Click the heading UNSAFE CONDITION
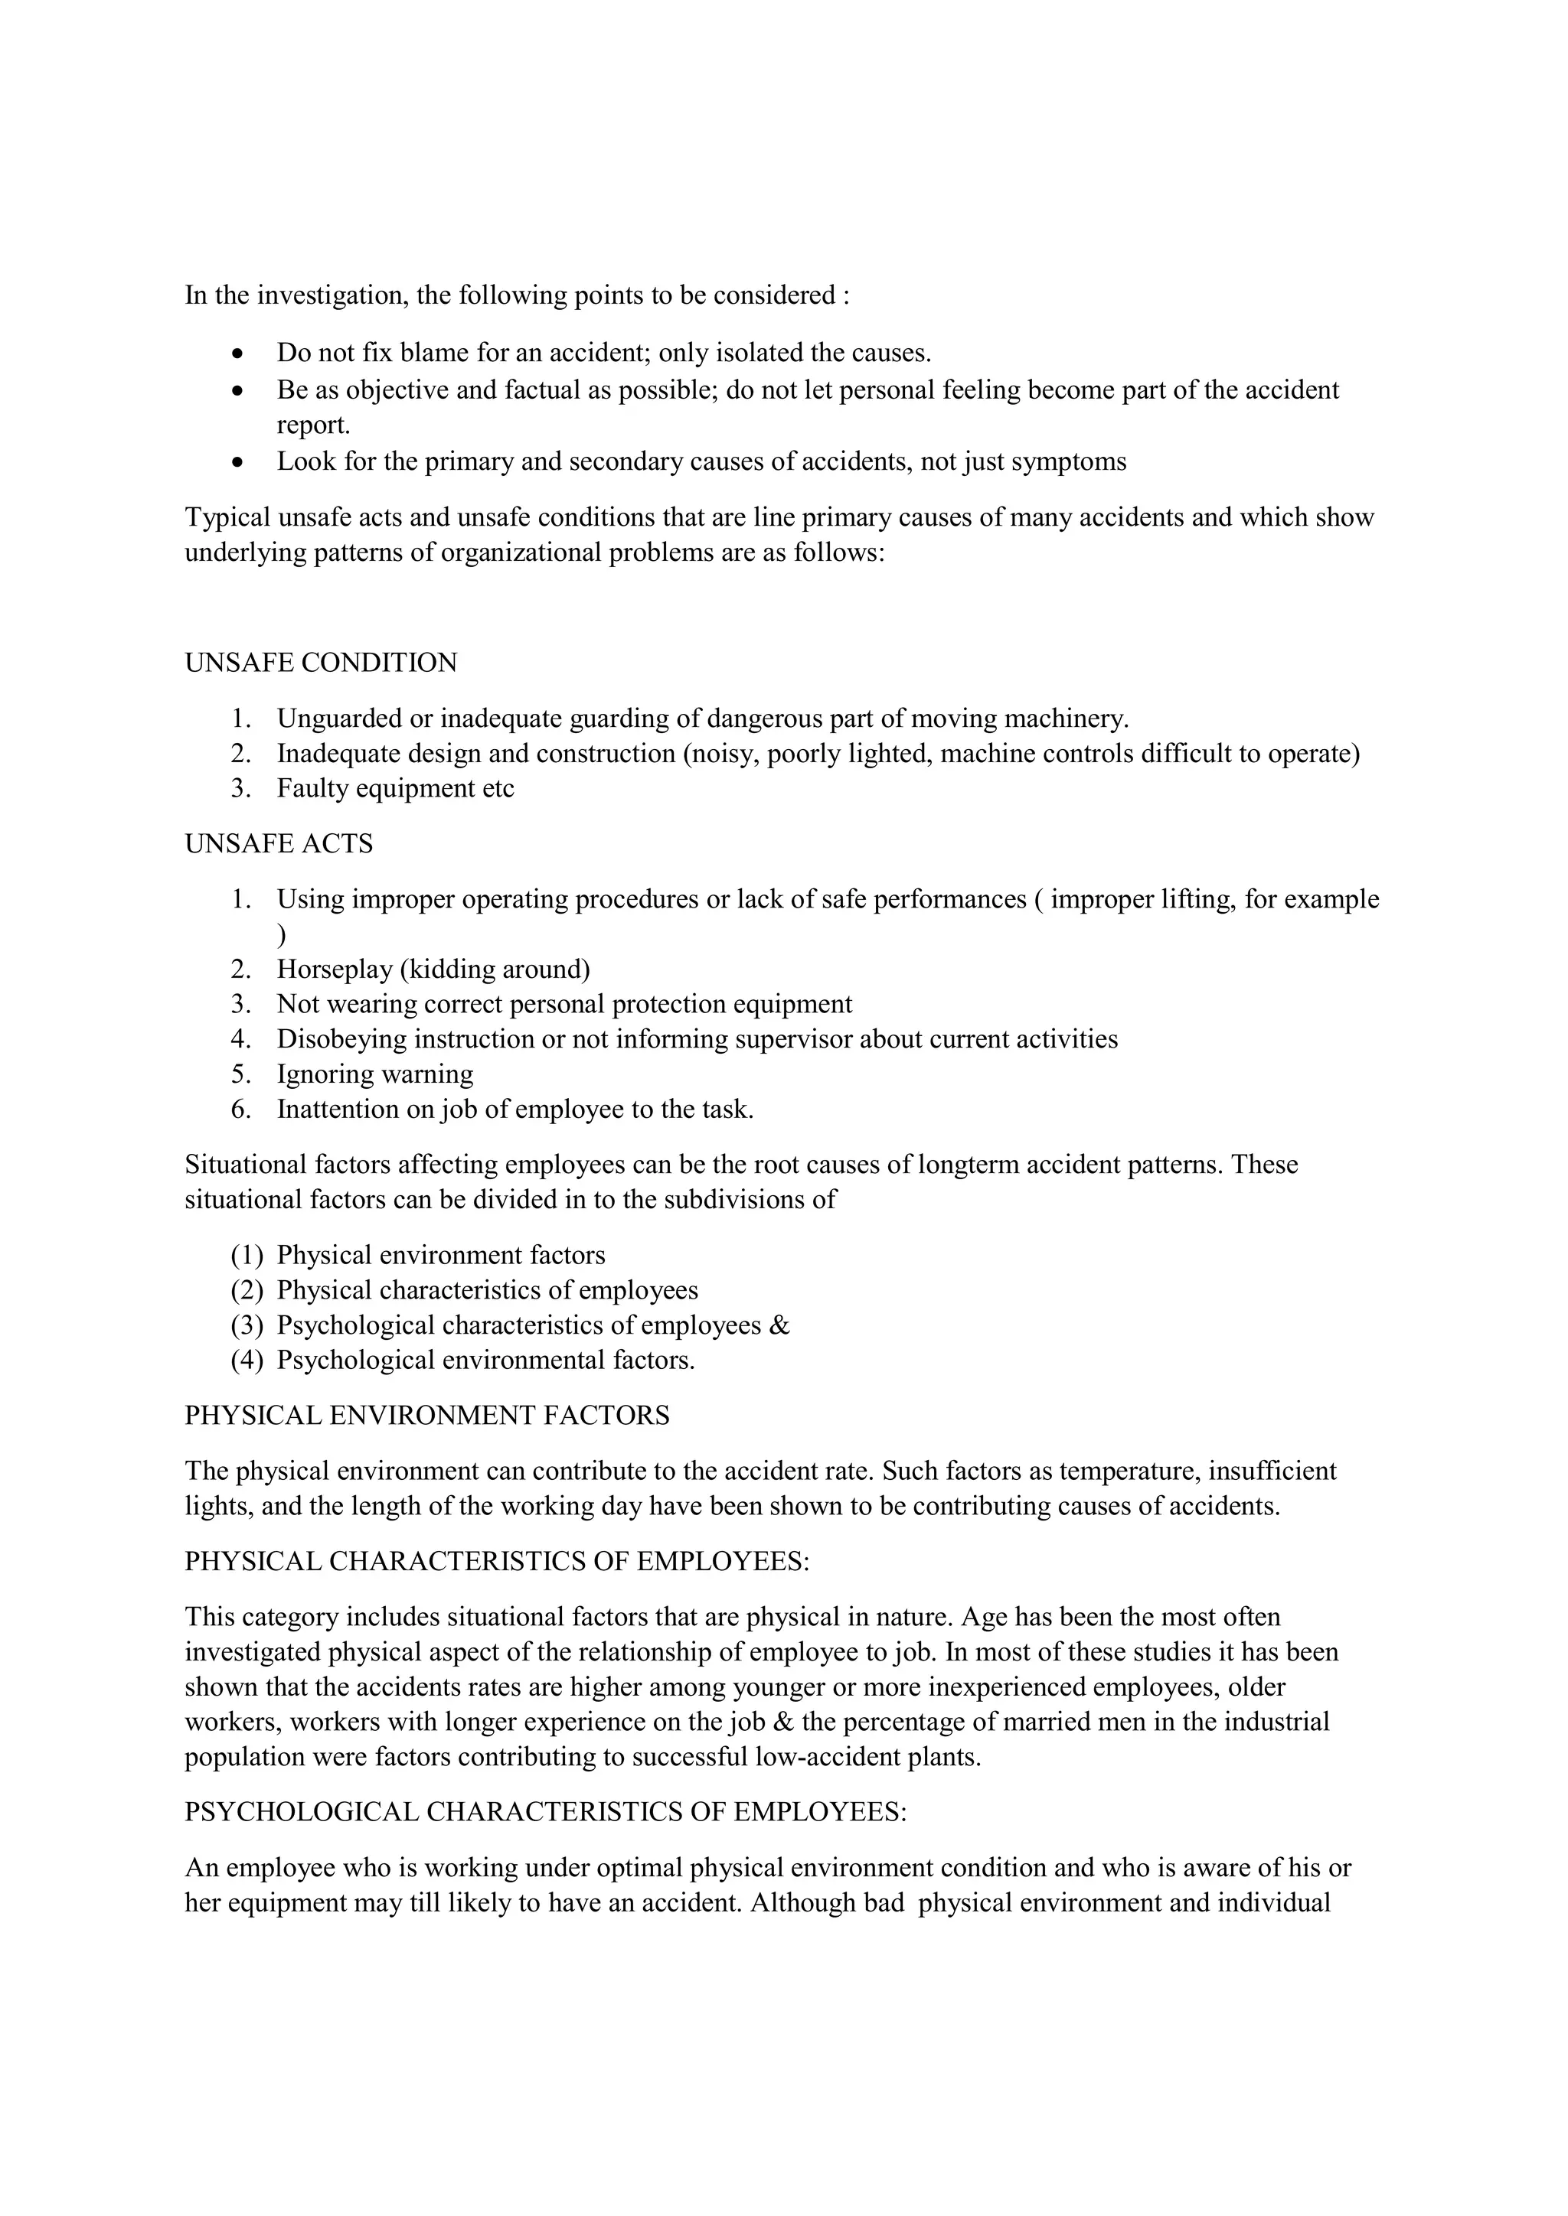coord(321,663)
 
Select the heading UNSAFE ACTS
coord(278,843)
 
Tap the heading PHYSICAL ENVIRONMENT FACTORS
coord(426,1416)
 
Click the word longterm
coord(966,1165)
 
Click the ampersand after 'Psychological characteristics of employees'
coord(780,1325)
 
